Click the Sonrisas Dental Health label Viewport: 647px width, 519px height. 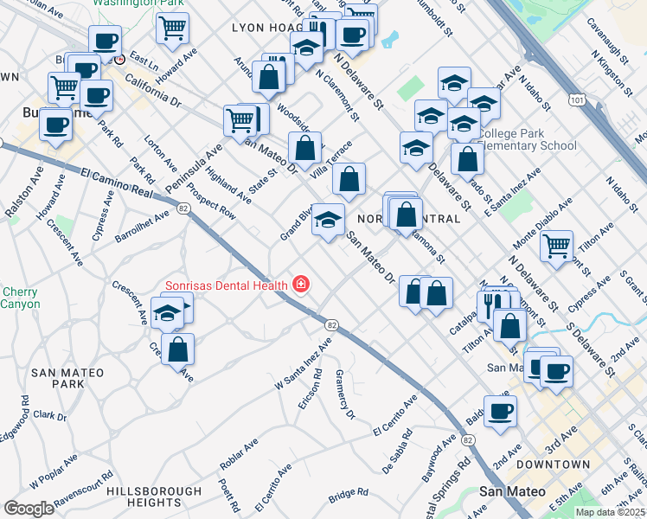click(x=227, y=285)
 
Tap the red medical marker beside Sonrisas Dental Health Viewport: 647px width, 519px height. click(x=301, y=284)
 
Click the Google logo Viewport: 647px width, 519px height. click(x=29, y=508)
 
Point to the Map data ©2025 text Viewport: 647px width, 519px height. click(x=609, y=512)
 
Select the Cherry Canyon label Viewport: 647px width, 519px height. click(x=19, y=298)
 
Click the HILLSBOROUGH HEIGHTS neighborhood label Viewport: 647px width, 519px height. click(x=154, y=497)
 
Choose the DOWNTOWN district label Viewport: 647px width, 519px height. click(x=553, y=465)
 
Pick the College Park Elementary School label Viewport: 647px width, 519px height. click(x=528, y=139)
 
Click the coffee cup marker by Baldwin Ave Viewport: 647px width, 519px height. click(x=500, y=410)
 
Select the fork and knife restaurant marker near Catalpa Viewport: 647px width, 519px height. click(x=490, y=304)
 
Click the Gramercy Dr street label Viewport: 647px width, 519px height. click(x=345, y=394)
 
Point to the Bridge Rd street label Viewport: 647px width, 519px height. click(x=349, y=497)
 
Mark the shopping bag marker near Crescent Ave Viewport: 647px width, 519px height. click(x=177, y=349)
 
